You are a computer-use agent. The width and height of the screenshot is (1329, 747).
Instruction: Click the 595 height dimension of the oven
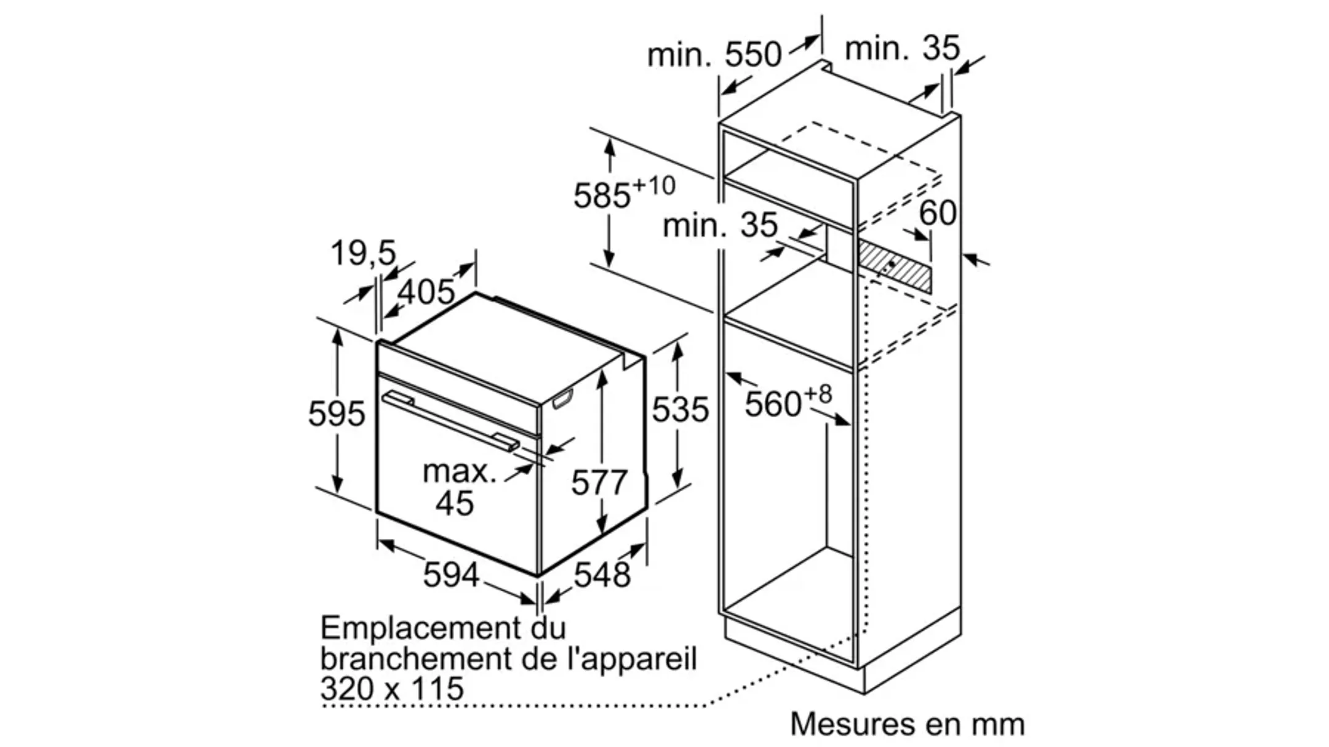(337, 413)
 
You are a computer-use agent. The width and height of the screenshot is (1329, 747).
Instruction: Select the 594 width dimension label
(450, 575)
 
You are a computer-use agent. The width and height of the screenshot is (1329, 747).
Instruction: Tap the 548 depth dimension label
(602, 575)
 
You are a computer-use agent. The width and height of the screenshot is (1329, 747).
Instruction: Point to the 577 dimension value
(599, 482)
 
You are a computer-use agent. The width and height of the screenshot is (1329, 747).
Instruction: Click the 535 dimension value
(680, 409)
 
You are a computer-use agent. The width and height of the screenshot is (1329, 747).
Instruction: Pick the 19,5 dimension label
(363, 253)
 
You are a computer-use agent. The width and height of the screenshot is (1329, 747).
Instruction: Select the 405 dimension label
(426, 291)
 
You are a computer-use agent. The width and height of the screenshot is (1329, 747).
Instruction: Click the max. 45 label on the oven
(458, 487)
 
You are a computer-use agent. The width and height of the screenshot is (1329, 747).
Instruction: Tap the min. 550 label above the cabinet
(714, 55)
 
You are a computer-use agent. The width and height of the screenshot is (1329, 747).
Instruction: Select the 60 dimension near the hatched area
(938, 213)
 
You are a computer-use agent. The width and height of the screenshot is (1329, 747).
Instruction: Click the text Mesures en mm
(907, 724)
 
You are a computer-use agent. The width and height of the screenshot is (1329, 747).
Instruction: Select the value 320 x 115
(392, 688)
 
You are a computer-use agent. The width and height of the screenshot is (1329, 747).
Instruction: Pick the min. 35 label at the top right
(902, 48)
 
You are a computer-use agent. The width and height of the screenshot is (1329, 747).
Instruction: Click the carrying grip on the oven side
(563, 399)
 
